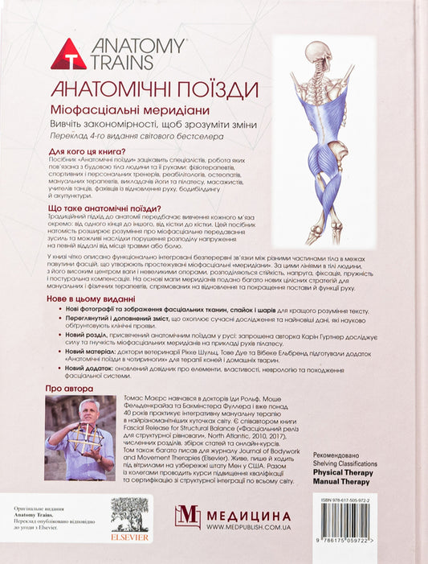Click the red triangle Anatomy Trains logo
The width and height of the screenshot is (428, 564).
(x=68, y=54)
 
